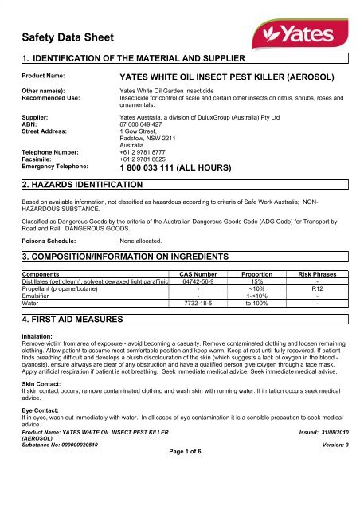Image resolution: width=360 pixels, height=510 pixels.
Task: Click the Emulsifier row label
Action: coord(36,296)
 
